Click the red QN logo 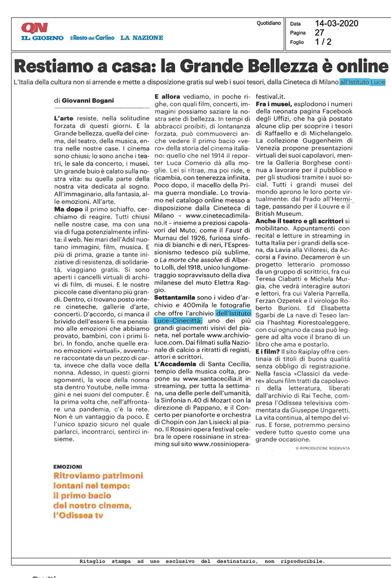point(34,28)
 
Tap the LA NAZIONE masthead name point(141,38)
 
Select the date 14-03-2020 point(336,24)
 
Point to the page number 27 point(320,33)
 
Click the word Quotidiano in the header point(269,24)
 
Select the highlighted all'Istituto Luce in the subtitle point(362,82)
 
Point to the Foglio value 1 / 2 point(323,42)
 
